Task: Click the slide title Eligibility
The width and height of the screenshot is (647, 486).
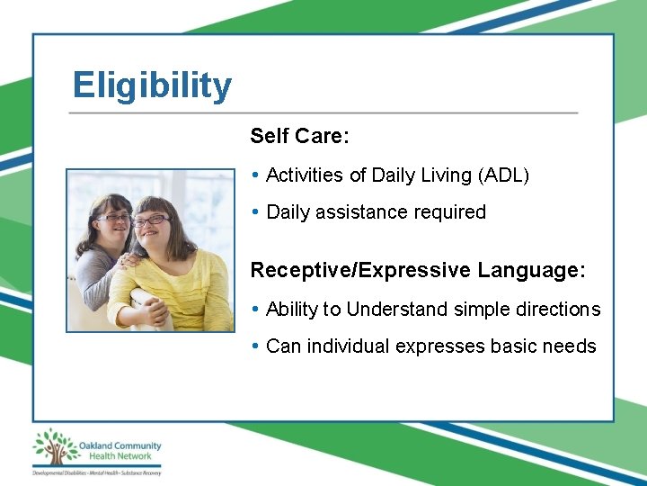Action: tap(152, 85)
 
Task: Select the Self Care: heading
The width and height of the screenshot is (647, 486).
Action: tap(299, 136)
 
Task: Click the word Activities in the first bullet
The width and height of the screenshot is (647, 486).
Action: tap(305, 175)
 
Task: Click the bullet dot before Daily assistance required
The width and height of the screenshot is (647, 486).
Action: tap(256, 212)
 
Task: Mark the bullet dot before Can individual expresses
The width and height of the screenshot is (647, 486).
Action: tap(256, 346)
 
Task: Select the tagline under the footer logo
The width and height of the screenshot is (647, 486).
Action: tap(96, 472)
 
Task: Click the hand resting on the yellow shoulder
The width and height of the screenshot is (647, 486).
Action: tap(128, 261)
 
